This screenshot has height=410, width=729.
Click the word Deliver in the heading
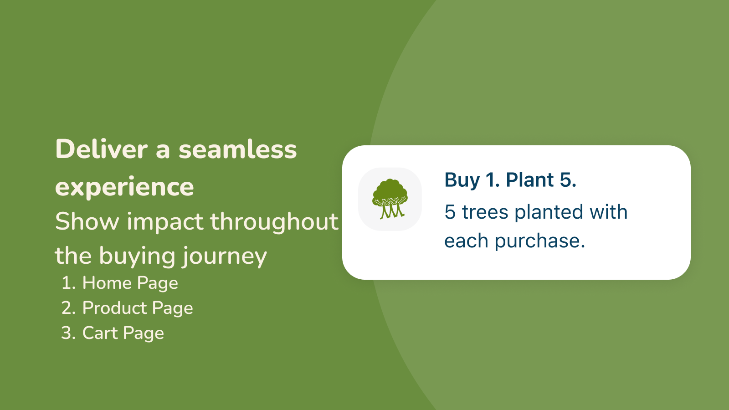point(102,149)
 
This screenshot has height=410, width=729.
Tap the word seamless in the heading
point(237,149)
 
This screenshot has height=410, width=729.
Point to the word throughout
point(274,221)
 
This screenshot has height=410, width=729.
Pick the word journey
point(224,257)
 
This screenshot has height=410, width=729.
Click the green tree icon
point(390,199)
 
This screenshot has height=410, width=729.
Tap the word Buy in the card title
point(462,180)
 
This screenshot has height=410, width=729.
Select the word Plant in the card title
point(530,179)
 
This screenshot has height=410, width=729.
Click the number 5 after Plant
point(568,180)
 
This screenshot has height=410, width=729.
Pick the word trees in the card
point(485,212)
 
